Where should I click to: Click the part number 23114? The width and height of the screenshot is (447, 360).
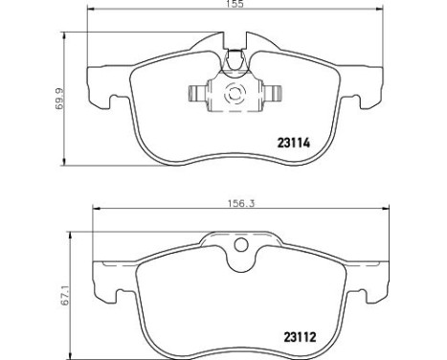click(x=294, y=143)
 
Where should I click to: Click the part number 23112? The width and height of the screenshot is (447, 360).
click(x=300, y=337)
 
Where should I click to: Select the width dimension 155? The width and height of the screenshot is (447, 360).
click(x=235, y=4)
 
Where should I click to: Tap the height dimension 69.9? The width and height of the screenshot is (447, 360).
click(x=59, y=99)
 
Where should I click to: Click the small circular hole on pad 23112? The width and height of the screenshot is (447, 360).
click(x=241, y=245)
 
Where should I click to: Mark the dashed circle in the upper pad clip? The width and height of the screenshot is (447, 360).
click(x=235, y=94)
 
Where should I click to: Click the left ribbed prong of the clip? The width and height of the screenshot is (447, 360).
click(x=198, y=94)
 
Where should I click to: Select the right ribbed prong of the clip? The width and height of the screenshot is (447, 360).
click(x=272, y=94)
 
